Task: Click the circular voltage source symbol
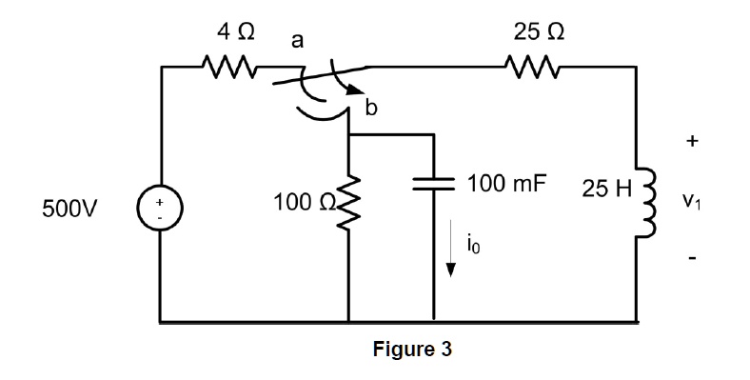tap(160, 209)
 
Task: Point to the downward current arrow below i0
tap(452, 259)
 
